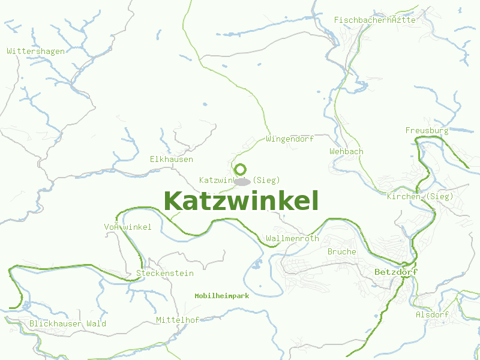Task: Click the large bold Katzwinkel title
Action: click(241, 201)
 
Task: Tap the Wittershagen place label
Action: click(35, 52)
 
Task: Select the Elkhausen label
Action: click(172, 160)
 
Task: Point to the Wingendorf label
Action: click(290, 139)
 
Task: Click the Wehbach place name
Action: click(346, 152)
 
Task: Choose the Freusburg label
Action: click(427, 130)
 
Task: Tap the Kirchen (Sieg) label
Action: click(420, 197)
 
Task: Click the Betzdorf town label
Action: click(395, 272)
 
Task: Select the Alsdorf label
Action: click(432, 315)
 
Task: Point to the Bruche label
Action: click(341, 252)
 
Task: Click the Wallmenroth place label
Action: click(292, 239)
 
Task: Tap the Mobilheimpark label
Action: click(221, 296)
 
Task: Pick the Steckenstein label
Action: click(165, 274)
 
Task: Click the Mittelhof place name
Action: click(177, 320)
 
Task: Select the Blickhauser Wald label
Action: click(68, 324)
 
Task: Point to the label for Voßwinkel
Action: click(128, 227)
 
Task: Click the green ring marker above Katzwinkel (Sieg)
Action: click(241, 169)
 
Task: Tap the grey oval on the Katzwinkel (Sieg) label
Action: click(242, 181)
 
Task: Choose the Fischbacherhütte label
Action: click(374, 20)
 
